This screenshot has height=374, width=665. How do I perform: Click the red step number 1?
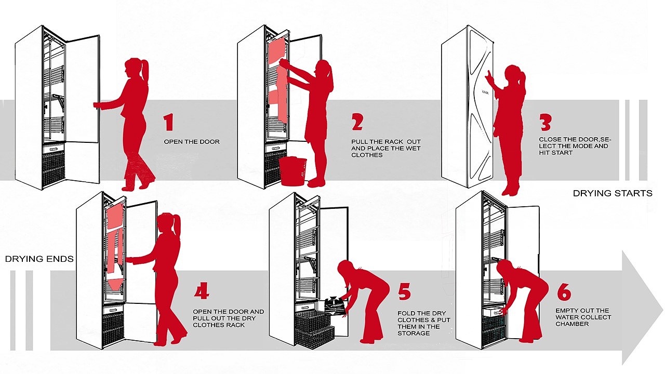click(168, 123)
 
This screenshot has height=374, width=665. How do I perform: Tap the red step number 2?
click(357, 123)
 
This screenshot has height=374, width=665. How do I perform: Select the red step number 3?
click(545, 123)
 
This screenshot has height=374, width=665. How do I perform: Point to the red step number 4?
click(202, 292)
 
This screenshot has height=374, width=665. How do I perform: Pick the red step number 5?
click(405, 292)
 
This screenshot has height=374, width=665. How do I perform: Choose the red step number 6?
click(564, 292)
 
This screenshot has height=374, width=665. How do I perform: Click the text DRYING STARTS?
click(613, 193)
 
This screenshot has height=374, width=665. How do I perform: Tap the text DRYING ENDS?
click(39, 259)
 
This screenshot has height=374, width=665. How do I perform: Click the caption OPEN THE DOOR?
click(192, 142)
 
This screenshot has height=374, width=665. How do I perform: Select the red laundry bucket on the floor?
click(294, 170)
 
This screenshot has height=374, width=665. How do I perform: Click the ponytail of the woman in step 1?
click(144, 70)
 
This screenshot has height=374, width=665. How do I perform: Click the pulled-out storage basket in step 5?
click(314, 330)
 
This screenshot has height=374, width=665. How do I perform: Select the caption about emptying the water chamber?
click(583, 317)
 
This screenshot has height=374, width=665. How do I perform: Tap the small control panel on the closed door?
click(485, 92)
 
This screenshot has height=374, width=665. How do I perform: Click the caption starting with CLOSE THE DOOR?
click(573, 146)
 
